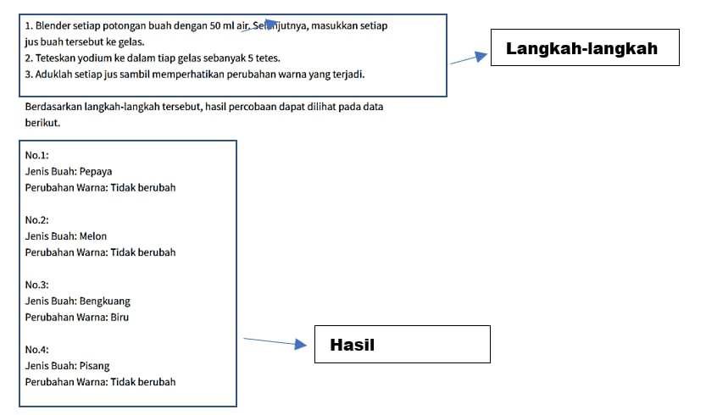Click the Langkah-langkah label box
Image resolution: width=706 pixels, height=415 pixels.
tap(585, 47)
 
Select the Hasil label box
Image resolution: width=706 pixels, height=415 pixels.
tap(402, 345)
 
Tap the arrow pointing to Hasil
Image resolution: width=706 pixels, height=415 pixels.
tap(275, 342)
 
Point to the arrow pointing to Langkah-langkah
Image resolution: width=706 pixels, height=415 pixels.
tap(469, 58)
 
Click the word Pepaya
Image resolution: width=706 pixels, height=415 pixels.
tap(96, 171)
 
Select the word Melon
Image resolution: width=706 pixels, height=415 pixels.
tap(92, 236)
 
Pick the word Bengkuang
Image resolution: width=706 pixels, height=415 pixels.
tap(104, 302)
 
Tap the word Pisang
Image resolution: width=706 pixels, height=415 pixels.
tap(94, 366)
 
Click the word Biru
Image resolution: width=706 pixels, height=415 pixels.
tap(120, 318)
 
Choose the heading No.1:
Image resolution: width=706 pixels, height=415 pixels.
tap(37, 155)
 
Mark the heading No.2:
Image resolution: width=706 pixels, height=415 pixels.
tap(37, 220)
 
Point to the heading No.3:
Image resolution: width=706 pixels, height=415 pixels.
tap(37, 285)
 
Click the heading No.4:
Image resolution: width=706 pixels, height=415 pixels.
tap(37, 350)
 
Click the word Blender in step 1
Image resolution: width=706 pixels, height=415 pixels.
tap(53, 25)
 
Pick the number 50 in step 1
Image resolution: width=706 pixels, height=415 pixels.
tap(214, 25)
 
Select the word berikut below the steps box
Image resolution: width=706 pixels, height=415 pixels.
tap(42, 123)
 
